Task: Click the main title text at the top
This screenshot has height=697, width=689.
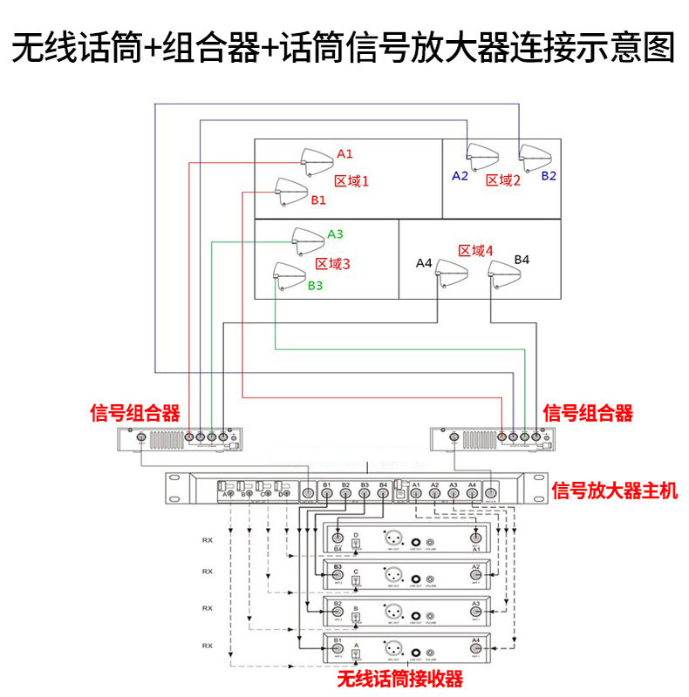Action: pos(344,48)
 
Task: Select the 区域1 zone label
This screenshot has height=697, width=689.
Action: pos(352,181)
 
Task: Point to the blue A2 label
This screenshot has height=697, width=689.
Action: pos(460,176)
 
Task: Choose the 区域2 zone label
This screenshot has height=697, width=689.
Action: pos(503,179)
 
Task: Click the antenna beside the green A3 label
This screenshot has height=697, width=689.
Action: pos(307,238)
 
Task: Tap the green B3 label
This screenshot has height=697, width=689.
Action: pos(315,285)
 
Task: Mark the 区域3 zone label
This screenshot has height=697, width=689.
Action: pos(332,263)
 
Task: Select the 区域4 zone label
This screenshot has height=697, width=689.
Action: pos(475,251)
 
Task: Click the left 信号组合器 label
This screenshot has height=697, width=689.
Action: pos(135,413)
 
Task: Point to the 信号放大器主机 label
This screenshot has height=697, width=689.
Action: pos(615,491)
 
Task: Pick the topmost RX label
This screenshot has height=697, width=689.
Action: pos(207,539)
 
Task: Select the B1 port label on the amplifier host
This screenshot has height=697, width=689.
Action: pos(327,484)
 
